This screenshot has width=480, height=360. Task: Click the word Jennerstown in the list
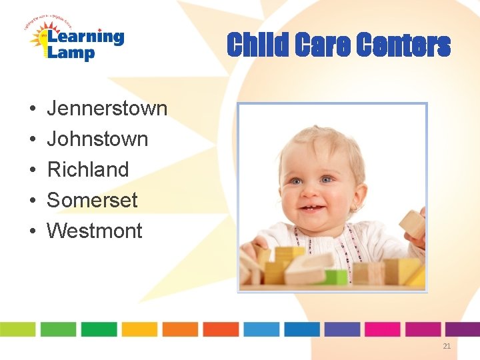tap(107, 108)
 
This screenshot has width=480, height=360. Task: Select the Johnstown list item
tap(97, 139)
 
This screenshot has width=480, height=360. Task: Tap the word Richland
tap(87, 169)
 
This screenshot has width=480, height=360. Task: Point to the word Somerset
tap(92, 200)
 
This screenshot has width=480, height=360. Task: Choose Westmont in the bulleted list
tap(94, 231)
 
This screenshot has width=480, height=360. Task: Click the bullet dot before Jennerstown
tap(32, 109)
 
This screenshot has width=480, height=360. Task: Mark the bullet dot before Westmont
tap(32, 231)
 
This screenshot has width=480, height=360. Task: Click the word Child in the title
tap(255, 45)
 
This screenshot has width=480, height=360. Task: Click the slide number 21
tap(447, 346)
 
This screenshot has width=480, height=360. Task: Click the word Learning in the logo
tap(85, 37)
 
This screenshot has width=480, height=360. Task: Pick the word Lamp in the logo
tap(71, 53)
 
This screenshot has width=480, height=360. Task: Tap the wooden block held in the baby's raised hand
tap(413, 224)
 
